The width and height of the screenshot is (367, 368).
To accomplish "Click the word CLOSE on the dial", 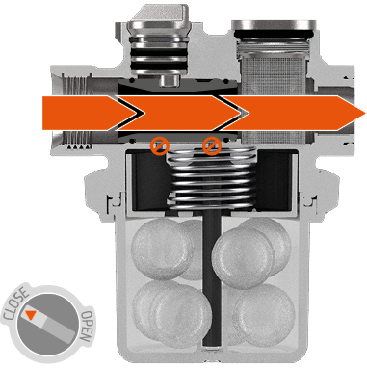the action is tap(15, 304).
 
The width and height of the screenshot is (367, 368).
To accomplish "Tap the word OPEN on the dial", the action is tap(87, 327).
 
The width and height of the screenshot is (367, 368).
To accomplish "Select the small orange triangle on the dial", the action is tap(30, 315).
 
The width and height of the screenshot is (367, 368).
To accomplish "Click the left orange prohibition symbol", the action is tap(160, 145).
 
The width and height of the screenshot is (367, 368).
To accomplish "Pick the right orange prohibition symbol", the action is tap(212, 145).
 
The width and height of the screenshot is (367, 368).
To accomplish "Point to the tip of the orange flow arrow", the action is tap(365, 114).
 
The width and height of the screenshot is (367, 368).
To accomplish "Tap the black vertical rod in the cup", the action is tap(212, 278).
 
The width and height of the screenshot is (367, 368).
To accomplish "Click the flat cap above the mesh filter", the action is tap(274, 25).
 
